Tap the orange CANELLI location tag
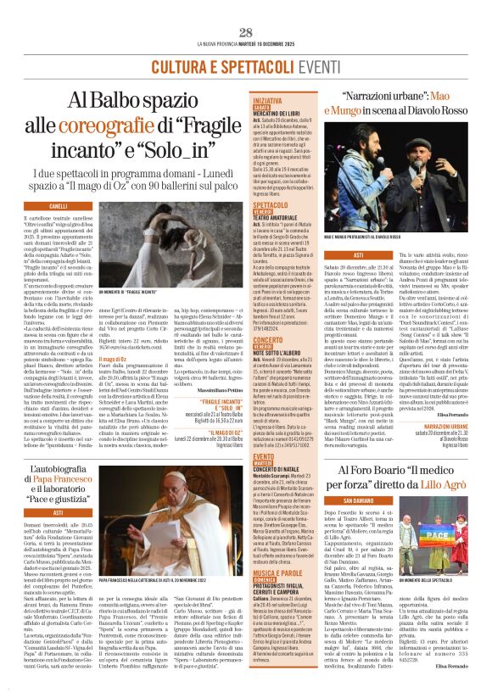click(59, 206)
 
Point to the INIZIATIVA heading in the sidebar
click(268, 101)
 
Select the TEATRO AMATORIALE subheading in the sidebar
click(282, 218)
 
